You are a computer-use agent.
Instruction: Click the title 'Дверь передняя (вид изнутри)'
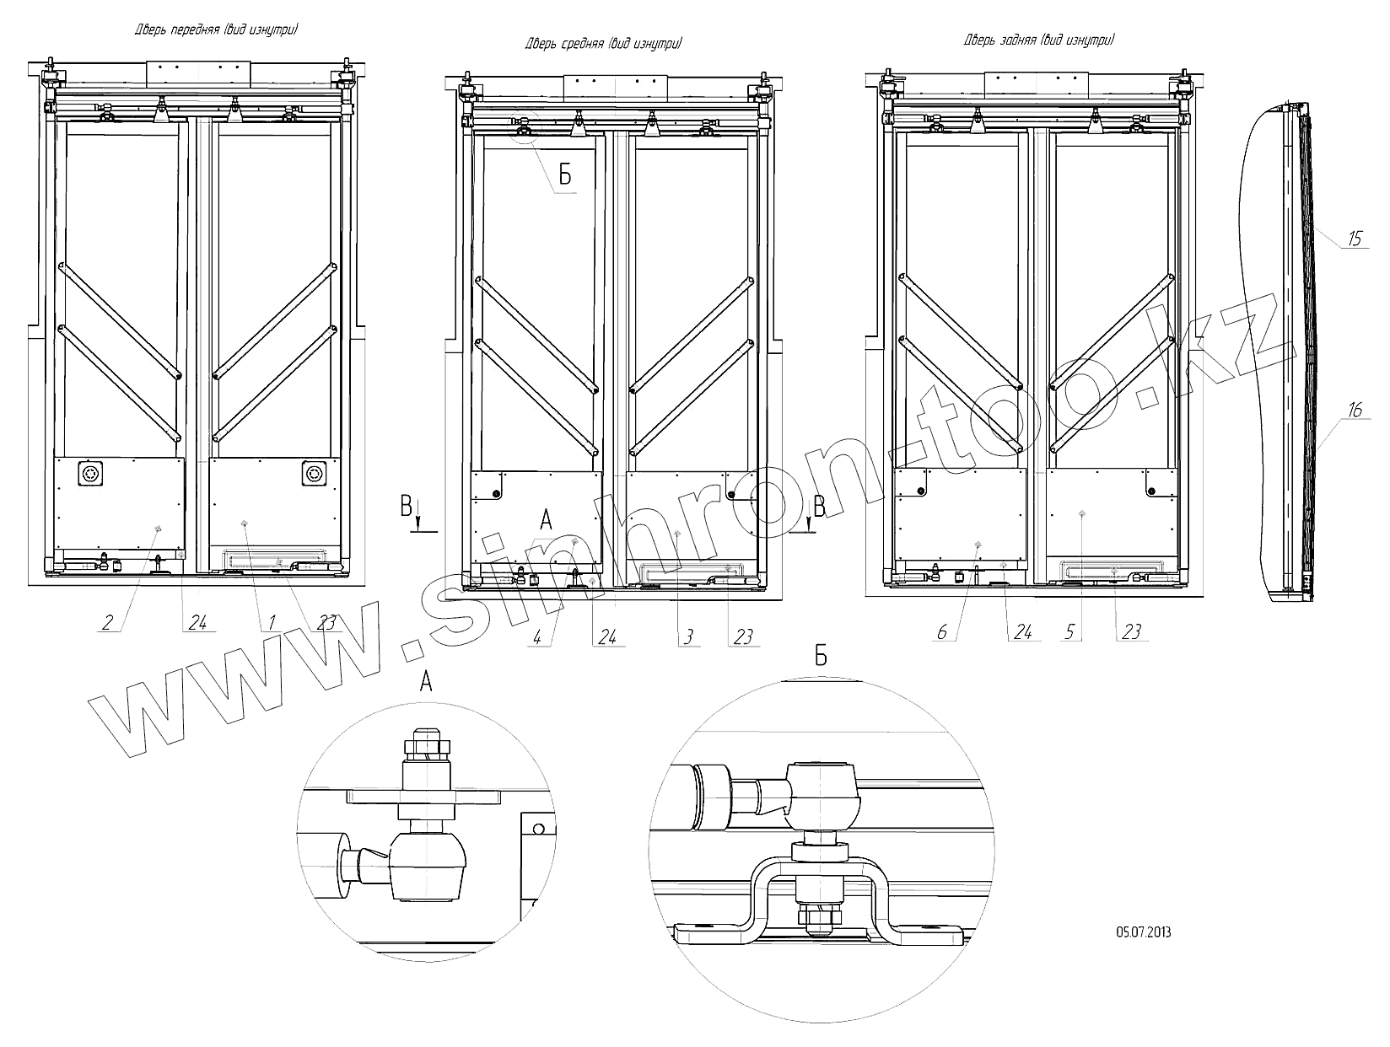tap(217, 30)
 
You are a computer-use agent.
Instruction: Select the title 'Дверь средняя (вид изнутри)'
tap(604, 44)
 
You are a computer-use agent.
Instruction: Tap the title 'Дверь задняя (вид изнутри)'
tap(1039, 40)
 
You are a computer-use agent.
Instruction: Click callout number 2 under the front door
tap(107, 623)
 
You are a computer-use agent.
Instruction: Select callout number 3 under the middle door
tap(687, 637)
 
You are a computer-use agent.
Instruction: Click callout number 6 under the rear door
tap(943, 632)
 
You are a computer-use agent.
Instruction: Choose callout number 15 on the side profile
tap(1355, 239)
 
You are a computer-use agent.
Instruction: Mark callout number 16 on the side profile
tap(1355, 411)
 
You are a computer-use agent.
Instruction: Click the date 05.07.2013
tap(1143, 932)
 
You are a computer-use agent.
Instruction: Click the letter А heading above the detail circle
tap(426, 682)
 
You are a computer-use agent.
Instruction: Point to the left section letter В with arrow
tap(407, 507)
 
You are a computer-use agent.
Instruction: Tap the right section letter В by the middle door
tap(818, 507)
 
